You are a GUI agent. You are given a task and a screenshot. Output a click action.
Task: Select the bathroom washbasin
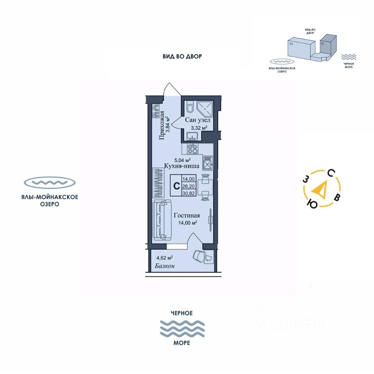click(192, 136)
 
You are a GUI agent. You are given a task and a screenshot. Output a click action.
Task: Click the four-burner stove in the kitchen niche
click(192, 148)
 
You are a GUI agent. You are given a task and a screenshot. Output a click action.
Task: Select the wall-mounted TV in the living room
click(211, 216)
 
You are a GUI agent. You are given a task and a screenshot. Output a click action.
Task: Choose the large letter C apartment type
click(176, 186)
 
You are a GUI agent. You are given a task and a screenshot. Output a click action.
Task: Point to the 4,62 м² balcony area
click(164, 258)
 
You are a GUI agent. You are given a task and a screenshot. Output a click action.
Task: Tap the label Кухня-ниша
click(182, 166)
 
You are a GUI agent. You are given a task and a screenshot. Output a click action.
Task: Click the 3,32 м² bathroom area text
click(198, 127)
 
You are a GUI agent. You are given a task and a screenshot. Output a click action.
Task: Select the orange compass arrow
click(320, 190)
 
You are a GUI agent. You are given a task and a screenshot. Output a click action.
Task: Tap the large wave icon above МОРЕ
click(183, 328)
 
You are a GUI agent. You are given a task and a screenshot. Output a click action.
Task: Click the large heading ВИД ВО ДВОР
click(182, 56)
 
